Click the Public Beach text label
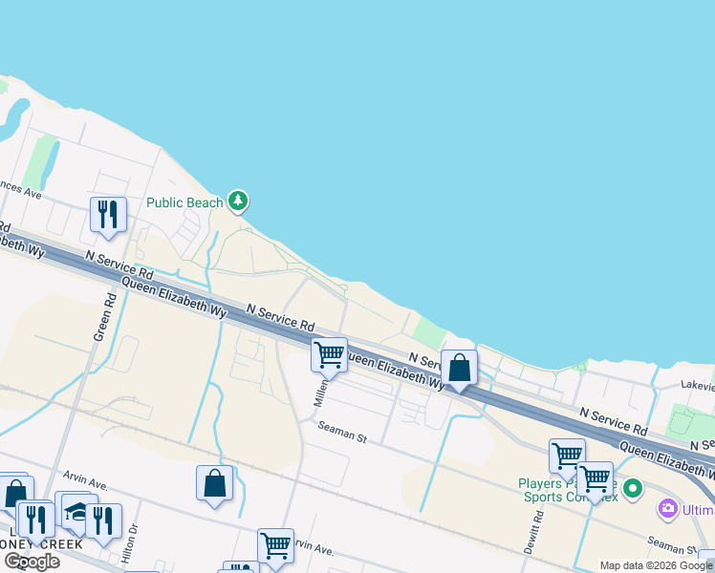click(x=184, y=202)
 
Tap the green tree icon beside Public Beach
click(x=238, y=202)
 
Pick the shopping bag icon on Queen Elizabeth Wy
click(x=459, y=367)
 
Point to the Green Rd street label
click(x=104, y=316)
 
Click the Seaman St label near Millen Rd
click(x=343, y=434)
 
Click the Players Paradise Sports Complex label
click(x=568, y=490)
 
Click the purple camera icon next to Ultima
click(x=668, y=510)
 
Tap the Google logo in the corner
click(x=32, y=562)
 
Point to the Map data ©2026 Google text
click(x=656, y=565)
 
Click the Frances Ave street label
click(x=21, y=189)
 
